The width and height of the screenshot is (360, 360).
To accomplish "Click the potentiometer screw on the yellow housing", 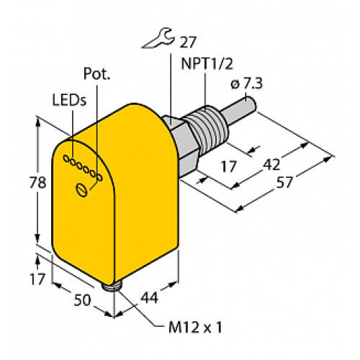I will pyautogui.click(x=83, y=189).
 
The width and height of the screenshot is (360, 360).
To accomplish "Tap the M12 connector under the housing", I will pyautogui.click(x=111, y=288).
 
